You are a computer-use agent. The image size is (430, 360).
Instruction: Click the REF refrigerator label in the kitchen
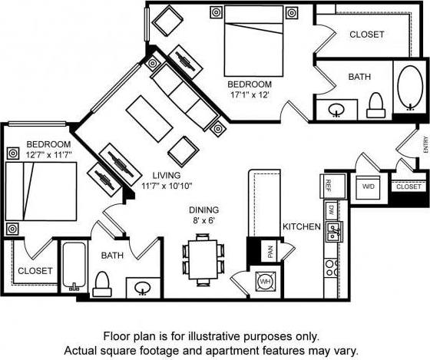point(328,185)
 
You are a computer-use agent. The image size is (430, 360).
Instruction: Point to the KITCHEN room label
point(301,227)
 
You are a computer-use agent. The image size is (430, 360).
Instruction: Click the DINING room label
point(204,210)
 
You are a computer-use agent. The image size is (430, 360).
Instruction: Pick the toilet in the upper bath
point(375,104)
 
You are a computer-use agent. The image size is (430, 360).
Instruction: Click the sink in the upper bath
point(337,110)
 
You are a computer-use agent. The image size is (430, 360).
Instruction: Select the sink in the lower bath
point(143,288)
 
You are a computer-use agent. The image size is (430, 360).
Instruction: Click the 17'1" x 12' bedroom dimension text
point(250,96)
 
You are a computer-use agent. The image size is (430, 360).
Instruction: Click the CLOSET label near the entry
point(408,187)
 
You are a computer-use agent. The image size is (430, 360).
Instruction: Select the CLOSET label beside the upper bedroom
point(366,34)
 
